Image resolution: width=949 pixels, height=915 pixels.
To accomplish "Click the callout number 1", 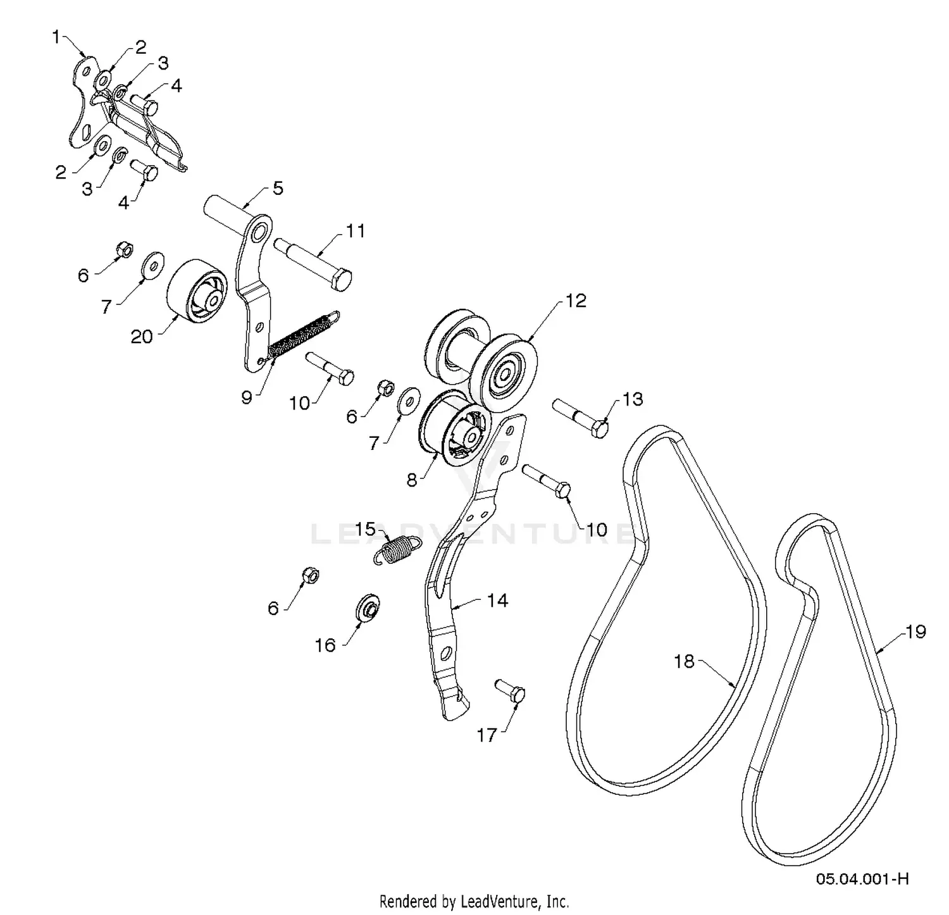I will (56, 38).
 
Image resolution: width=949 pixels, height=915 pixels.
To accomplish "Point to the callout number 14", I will (497, 600).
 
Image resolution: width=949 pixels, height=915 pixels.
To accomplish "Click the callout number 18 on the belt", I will (685, 661).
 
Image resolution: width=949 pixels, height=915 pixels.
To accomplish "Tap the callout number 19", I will (916, 631).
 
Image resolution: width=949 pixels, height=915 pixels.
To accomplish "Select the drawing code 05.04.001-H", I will (862, 879).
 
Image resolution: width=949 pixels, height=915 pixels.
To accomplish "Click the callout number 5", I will (278, 189).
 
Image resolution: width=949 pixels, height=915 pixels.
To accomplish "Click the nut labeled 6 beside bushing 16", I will (309, 575).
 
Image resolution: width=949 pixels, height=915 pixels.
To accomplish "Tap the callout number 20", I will (142, 337).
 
